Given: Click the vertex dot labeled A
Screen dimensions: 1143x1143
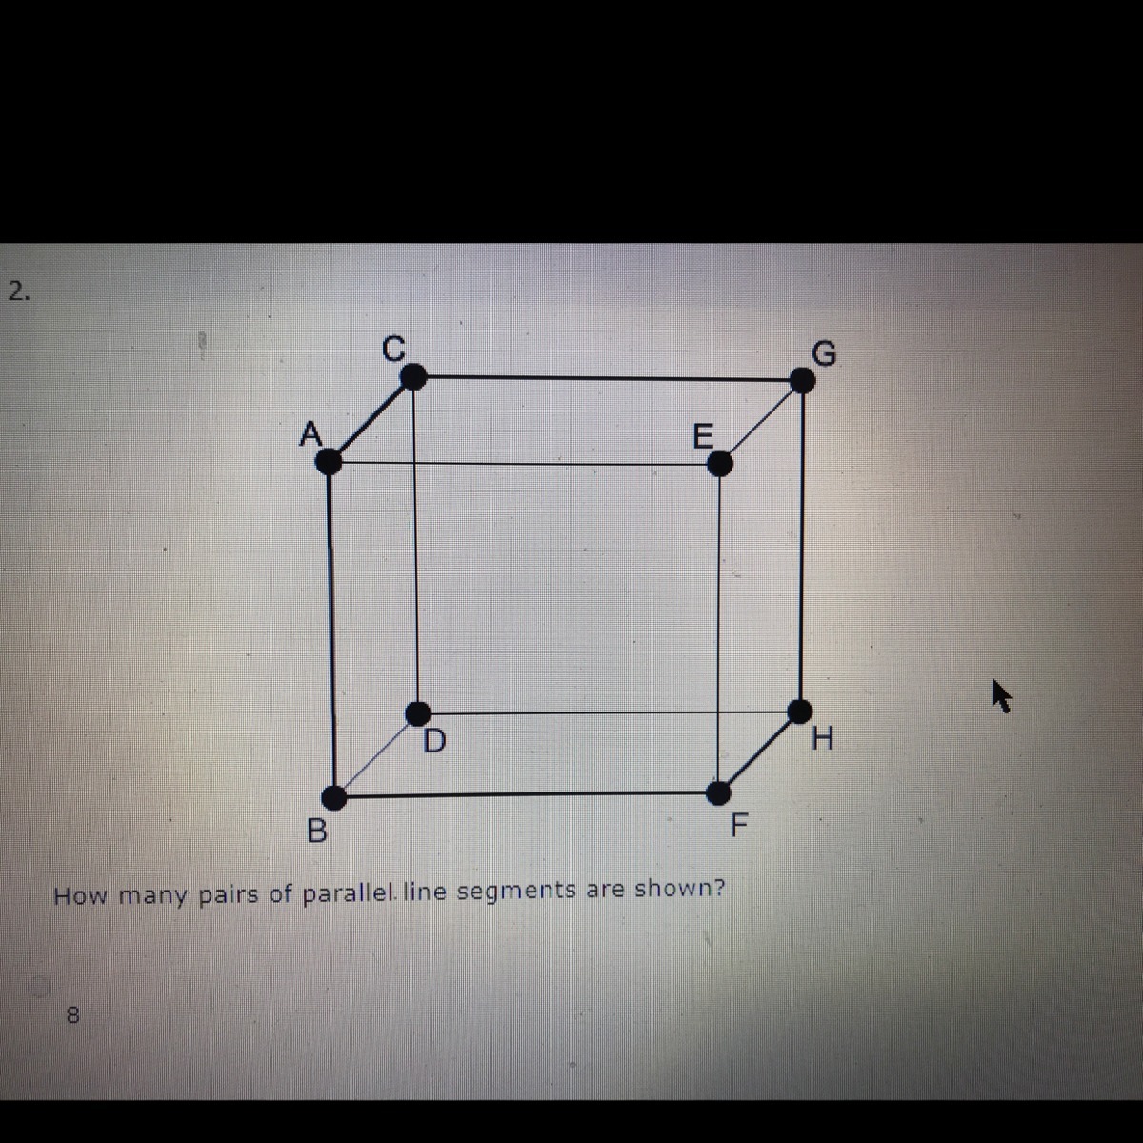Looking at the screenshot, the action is [x=330, y=461].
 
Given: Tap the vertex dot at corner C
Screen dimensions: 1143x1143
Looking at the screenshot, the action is [x=414, y=376].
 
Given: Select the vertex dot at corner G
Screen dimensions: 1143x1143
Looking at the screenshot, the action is [x=803, y=380].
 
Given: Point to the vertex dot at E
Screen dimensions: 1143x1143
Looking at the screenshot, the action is [x=720, y=464].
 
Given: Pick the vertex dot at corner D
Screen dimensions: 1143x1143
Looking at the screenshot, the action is [x=418, y=713].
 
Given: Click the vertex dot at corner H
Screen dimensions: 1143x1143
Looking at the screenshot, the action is [x=799, y=712].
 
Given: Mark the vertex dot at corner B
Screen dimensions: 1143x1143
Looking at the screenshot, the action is [x=334, y=798].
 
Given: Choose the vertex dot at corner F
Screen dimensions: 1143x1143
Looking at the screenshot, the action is [x=718, y=793].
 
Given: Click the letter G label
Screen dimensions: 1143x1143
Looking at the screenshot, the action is [x=824, y=353].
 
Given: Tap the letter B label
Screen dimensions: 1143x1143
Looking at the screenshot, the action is [x=317, y=831].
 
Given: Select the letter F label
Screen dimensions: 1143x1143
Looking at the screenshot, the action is [x=739, y=825].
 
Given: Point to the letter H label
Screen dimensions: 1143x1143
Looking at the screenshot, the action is [x=822, y=739].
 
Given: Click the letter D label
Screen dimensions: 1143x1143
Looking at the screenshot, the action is [x=434, y=741].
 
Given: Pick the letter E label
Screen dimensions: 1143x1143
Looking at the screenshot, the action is [x=704, y=437].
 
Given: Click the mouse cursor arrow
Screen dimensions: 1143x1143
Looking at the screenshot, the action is [x=1001, y=696].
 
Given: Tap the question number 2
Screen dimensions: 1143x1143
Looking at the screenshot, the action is [x=18, y=291].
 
